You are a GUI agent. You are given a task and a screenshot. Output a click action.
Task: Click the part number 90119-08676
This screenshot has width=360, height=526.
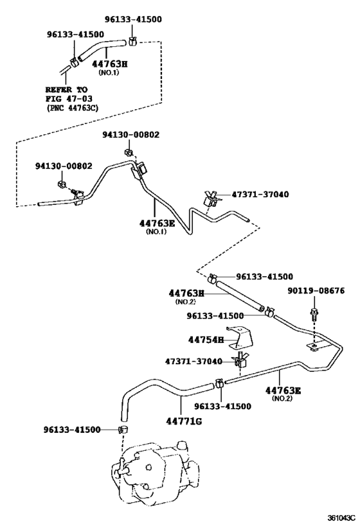[316, 290]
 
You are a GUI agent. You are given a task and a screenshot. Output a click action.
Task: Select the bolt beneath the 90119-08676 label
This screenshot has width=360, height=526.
[314, 313]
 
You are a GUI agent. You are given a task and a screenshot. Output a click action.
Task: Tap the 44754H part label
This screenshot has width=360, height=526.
[206, 340]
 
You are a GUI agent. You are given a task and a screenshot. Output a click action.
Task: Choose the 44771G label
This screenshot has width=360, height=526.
[184, 421]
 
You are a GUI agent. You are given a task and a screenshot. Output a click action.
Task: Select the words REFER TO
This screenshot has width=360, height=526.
[66, 89]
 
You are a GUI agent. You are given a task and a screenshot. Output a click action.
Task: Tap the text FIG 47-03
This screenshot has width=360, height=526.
[69, 99]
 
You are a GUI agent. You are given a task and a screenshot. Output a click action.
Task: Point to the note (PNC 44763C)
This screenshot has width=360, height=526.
[72, 108]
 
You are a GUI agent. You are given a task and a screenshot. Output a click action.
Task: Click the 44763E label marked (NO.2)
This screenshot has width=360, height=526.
[283, 390]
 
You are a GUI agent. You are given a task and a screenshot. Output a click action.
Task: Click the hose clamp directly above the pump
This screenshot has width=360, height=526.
[124, 429]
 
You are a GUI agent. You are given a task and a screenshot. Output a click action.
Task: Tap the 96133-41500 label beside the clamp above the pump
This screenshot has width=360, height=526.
[72, 430]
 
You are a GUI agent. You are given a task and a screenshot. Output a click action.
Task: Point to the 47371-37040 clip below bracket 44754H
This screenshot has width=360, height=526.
[240, 360]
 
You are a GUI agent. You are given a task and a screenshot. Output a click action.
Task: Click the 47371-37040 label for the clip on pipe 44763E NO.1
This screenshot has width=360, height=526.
[260, 194]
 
